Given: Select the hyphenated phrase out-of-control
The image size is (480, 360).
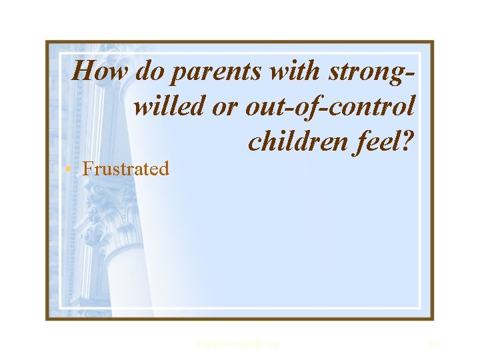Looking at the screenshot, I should click(x=331, y=105).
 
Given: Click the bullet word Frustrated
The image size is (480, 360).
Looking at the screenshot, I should click(x=125, y=169).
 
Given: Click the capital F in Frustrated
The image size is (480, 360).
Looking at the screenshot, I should click(x=87, y=169).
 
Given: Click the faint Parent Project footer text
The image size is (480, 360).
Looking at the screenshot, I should click(x=239, y=344).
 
